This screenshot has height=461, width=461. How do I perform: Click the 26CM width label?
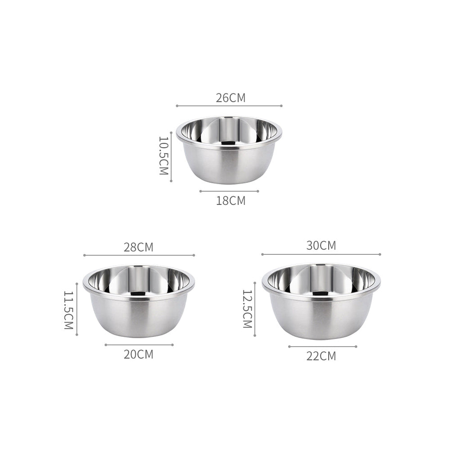coord(230,98)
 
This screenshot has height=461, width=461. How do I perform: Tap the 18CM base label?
coord(230,201)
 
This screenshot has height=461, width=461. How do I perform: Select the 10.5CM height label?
coord(163,156)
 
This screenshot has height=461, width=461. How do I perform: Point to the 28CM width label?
coord(139,247)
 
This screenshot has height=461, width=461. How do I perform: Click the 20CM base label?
coord(139,354)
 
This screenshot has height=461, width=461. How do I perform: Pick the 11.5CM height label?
coord(68,310)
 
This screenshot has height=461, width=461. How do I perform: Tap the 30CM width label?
coord(321,246)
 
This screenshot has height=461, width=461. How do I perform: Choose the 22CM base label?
coord(321,356)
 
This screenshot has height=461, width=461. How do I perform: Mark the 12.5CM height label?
coord(248,308)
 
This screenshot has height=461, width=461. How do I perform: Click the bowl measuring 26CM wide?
coord(229,151)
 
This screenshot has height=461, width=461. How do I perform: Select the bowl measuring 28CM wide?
coord(139,301)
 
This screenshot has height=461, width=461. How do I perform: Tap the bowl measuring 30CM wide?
coord(321,301)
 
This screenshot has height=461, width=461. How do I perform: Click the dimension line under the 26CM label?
coord(229,106)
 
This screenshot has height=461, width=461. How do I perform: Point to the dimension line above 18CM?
coord(229,191)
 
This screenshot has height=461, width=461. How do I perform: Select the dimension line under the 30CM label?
coord(321,254)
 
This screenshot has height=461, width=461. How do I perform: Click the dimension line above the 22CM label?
coord(322,347)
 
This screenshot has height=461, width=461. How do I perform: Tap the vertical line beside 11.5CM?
coord(77,309)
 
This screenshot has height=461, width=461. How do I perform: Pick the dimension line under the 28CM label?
coord(139,255)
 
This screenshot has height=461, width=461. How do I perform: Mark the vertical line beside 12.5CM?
coord(255,309)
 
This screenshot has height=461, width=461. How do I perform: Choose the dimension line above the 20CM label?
coord(139,345)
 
